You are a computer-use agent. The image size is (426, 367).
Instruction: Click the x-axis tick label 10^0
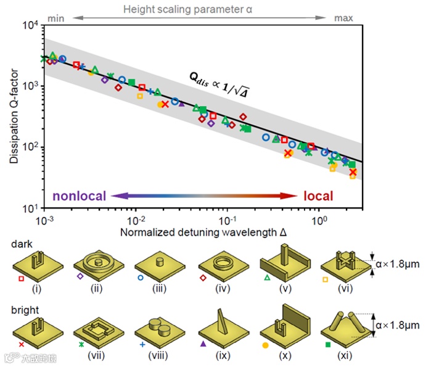[x=319, y=220]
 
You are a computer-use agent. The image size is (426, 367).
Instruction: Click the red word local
[x=318, y=196]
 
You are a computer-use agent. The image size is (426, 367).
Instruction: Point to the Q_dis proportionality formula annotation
[x=223, y=85]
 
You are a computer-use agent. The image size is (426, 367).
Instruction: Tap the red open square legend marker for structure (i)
[x=22, y=278]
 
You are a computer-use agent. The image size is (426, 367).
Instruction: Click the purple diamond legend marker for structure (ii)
[x=80, y=278]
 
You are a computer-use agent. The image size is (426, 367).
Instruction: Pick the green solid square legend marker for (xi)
[x=328, y=344]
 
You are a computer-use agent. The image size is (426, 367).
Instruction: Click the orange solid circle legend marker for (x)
[x=265, y=344]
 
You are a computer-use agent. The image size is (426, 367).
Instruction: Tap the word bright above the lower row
[x=23, y=305]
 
